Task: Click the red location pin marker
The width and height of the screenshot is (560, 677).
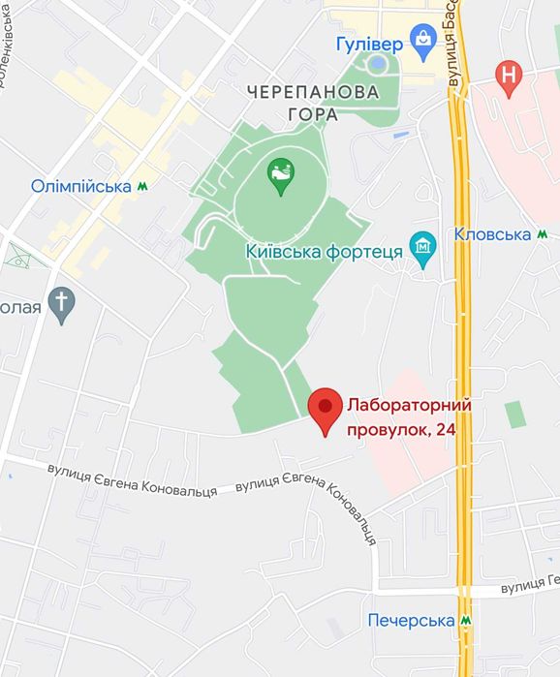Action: pos(325,408)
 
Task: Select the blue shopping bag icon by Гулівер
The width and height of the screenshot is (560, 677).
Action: pos(423,40)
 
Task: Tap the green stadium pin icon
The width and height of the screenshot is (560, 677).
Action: pos(281,175)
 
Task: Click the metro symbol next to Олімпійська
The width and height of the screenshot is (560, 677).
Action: pos(142,186)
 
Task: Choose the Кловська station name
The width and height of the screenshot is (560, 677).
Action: pos(492,234)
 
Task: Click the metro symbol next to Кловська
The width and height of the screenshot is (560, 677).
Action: pos(544,234)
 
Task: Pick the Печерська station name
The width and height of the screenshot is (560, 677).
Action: pos(412,620)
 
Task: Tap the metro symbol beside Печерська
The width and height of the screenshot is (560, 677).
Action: pos(466,620)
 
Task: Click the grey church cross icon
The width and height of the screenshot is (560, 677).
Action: pos(61,304)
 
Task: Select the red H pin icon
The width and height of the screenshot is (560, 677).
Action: pos(508,76)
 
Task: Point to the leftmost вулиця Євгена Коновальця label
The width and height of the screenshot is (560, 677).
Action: pos(133,479)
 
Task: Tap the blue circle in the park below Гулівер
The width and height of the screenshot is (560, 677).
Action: pos(378,64)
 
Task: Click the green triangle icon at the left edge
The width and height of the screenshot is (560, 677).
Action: pos(17,257)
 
